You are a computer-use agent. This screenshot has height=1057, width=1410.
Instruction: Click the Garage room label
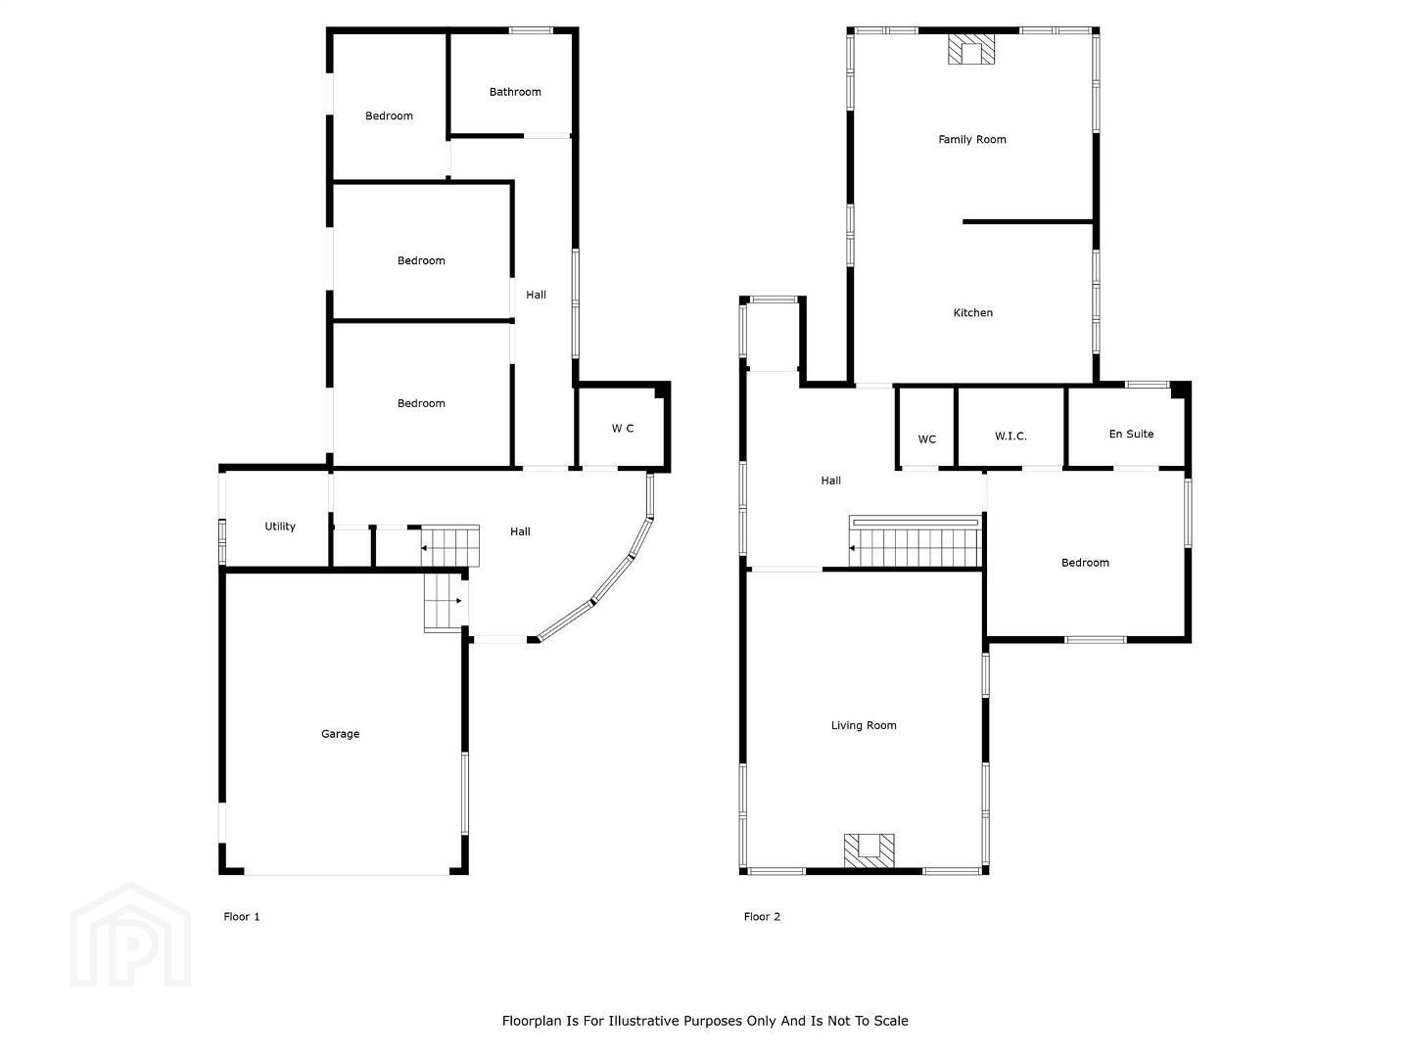340,734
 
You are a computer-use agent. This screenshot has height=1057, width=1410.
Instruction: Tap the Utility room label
280,527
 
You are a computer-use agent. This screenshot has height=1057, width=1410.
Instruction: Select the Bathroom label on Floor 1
515,92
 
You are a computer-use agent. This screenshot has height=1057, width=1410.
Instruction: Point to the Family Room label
972,139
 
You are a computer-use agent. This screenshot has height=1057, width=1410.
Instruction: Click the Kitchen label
972,312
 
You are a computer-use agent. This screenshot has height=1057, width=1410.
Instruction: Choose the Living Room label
864,725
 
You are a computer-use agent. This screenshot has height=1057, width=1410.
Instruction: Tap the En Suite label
1131,434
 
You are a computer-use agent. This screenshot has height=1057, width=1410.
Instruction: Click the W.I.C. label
1010,437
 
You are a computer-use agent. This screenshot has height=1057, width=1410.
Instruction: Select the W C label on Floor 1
623,428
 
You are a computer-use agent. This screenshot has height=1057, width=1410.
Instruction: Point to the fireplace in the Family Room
971,49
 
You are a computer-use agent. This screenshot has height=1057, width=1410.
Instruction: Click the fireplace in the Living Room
869,850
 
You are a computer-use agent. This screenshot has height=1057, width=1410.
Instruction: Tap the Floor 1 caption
242,916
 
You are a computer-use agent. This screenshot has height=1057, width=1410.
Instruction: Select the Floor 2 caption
762,916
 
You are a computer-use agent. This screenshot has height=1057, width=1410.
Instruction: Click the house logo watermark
130,935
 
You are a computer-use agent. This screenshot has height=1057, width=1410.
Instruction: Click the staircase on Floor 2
916,541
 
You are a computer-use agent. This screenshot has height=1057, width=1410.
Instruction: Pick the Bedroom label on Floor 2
1085,563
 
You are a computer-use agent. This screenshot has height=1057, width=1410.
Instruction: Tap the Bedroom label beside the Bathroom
389,116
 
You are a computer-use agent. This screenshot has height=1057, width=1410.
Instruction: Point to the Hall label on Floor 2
830,480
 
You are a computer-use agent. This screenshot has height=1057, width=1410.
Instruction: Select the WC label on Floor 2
926,439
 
